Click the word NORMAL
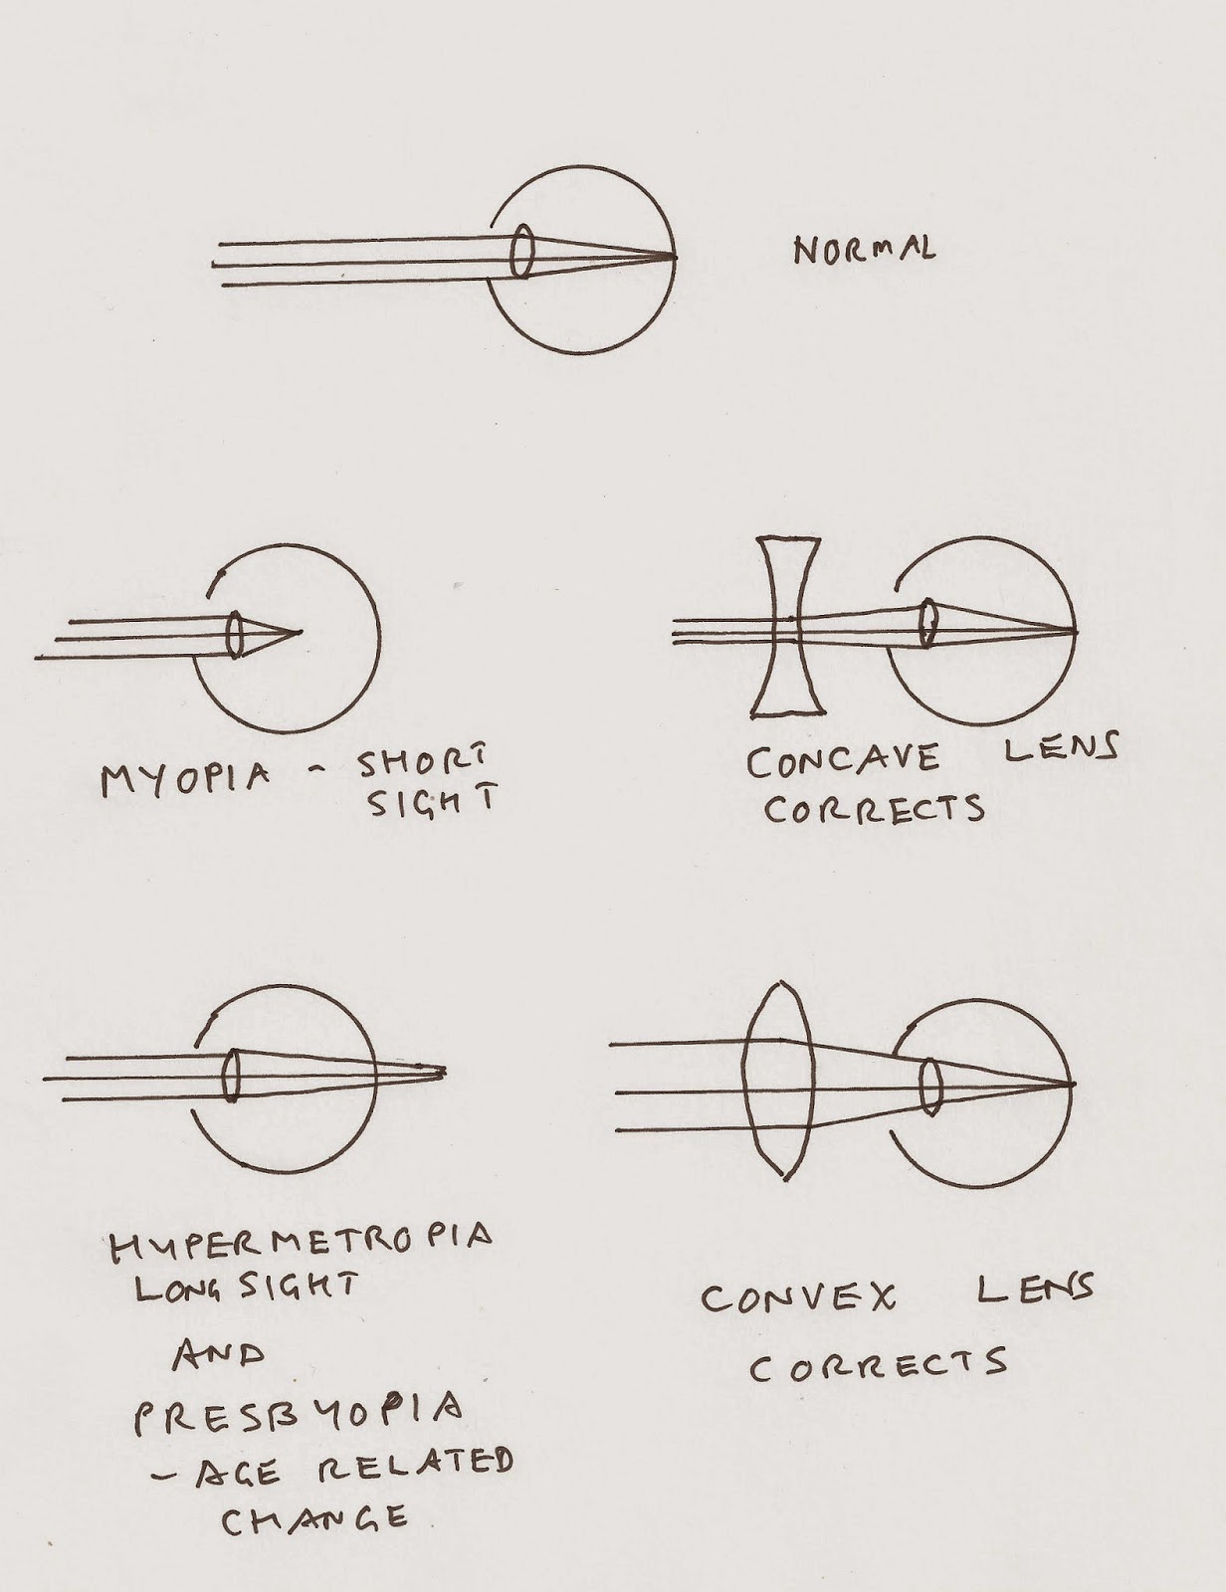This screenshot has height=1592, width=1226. [x=864, y=250]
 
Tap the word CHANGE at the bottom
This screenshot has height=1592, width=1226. [x=313, y=1519]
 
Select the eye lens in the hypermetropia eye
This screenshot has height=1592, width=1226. [x=232, y=1076]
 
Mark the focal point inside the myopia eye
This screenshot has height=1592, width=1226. [x=298, y=630]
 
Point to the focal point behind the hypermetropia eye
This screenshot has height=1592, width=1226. [x=442, y=1072]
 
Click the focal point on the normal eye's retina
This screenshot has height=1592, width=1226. [x=674, y=257]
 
